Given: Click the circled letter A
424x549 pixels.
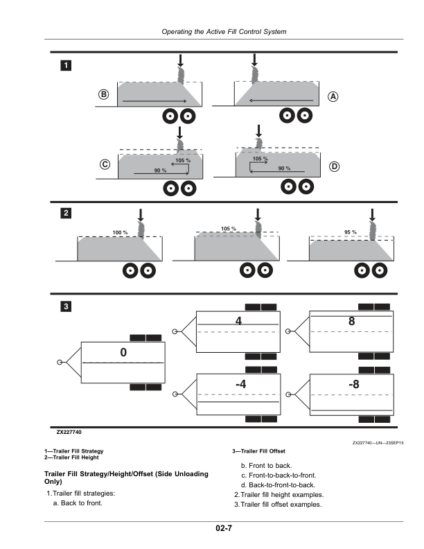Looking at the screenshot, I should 333,97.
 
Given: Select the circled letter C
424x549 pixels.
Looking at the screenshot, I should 105,165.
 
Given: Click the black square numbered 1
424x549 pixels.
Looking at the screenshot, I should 65,65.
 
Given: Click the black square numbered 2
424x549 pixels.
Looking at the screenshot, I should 65,214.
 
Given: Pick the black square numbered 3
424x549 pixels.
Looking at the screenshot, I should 65,306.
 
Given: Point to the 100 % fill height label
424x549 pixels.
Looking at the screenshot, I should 120,232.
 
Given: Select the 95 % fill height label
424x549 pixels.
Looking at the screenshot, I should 350,232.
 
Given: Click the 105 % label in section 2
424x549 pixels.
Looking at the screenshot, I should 228,228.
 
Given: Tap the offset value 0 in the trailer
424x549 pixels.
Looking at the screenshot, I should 123,353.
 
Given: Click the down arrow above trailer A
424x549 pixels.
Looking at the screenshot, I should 254,60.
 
